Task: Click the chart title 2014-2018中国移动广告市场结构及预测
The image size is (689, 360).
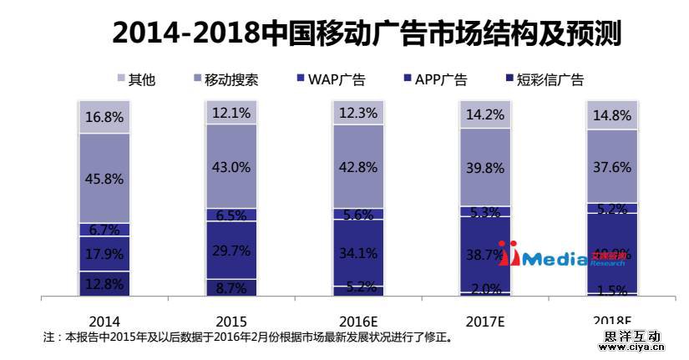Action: [x=367, y=33]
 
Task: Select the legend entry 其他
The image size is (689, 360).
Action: [x=136, y=80]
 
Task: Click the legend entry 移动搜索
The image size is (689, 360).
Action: [x=225, y=80]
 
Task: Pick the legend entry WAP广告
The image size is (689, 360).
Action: [x=328, y=80]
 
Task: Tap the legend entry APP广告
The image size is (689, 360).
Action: [x=434, y=80]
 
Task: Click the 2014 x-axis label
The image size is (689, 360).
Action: [x=104, y=322]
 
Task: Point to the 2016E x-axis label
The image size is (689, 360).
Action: [x=358, y=322]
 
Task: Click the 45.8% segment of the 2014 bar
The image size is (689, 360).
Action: [x=104, y=178]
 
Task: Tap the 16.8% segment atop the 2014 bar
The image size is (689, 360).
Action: [x=104, y=117]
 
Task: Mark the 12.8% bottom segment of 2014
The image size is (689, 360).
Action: [x=104, y=284]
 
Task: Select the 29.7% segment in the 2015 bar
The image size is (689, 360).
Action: [x=231, y=250]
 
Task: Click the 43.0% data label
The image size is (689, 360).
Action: [x=231, y=167]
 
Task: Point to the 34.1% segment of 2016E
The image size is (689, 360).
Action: [x=358, y=252]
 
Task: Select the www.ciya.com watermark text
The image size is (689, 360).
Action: [x=631, y=348]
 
